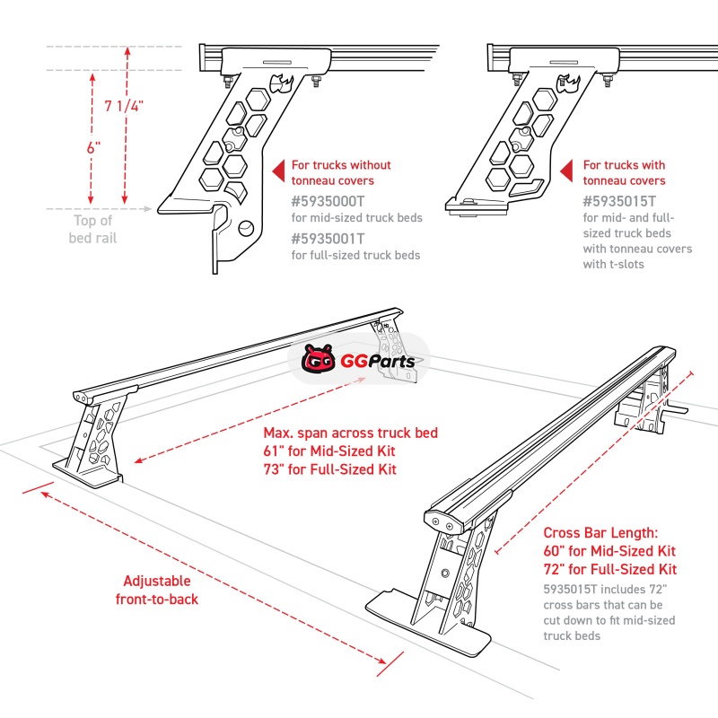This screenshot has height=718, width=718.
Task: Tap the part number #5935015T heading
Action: point(619,202)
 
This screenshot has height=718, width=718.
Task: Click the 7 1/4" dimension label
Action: point(124,106)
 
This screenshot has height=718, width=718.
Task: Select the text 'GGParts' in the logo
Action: point(377,363)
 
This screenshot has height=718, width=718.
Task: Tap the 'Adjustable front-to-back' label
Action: point(157,590)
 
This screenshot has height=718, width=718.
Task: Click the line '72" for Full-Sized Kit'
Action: point(609,570)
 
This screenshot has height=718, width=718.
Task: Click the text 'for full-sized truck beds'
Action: point(355,256)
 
